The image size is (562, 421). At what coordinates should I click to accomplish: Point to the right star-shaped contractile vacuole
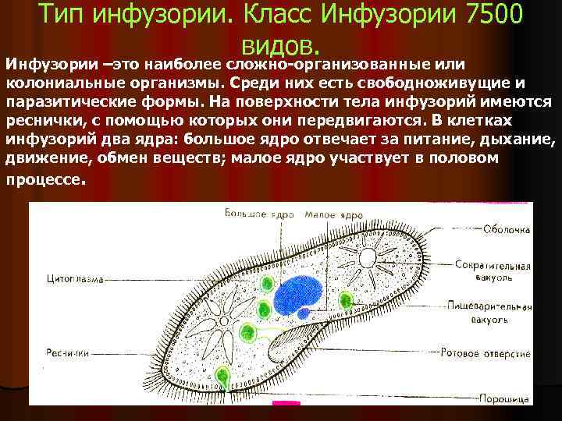(x=368, y=258)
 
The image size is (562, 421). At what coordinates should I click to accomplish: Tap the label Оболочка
(x=506, y=230)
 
